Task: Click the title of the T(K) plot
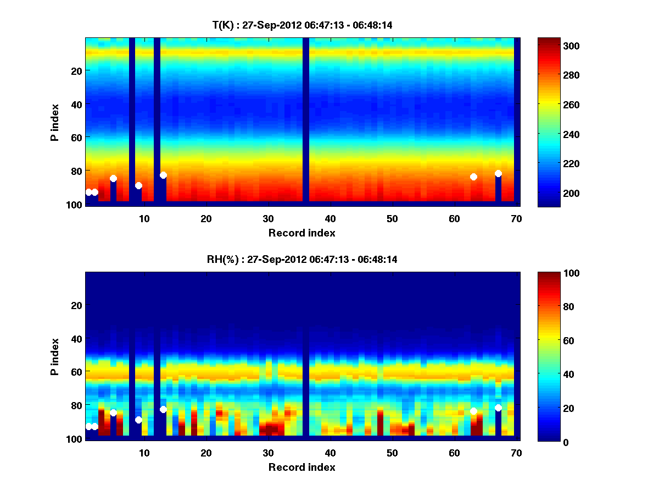(x=302, y=25)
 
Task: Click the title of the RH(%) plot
(x=302, y=259)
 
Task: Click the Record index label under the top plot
(x=302, y=233)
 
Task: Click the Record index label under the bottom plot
(x=302, y=467)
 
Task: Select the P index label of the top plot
(x=55, y=122)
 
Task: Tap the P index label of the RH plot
(x=55, y=356)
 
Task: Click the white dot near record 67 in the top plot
(x=498, y=173)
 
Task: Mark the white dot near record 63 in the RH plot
(x=473, y=411)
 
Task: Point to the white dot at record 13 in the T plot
(x=163, y=175)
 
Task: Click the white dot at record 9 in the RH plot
(x=138, y=420)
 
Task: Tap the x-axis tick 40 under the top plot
(x=331, y=218)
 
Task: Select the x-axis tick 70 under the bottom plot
(x=516, y=453)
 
